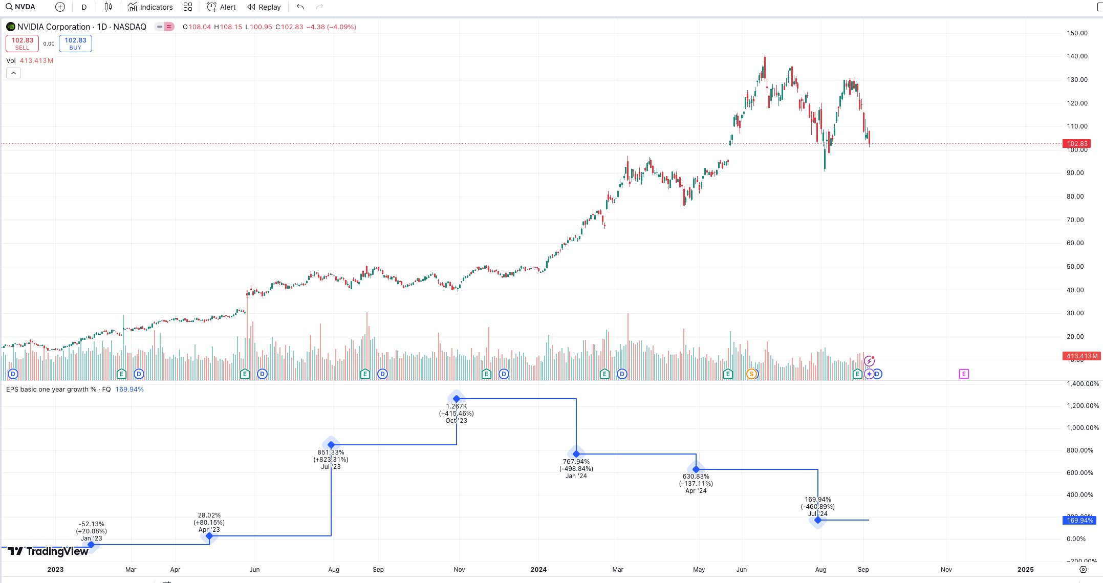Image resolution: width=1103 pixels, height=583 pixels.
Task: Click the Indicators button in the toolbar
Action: [x=150, y=7]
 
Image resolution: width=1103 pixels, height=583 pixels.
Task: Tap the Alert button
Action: [x=222, y=7]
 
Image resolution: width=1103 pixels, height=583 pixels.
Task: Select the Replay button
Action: [x=264, y=7]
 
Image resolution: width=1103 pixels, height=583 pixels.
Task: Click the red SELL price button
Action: [x=22, y=44]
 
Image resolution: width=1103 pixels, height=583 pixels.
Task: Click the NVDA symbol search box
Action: [x=21, y=7]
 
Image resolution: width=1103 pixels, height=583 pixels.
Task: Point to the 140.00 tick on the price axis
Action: [x=1077, y=56]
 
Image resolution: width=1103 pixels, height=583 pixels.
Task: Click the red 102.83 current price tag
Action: [x=1077, y=144]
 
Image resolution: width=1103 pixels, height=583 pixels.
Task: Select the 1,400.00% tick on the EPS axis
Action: [x=1083, y=384]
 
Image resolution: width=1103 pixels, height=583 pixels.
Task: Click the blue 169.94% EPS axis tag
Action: [x=1080, y=521]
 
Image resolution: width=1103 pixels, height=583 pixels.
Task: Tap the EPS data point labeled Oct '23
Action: [x=457, y=399]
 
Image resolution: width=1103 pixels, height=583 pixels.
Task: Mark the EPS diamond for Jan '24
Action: [x=576, y=454]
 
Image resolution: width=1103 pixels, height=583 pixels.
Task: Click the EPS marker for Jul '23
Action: [x=331, y=445]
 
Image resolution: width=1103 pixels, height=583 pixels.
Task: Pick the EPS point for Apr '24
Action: [x=696, y=469]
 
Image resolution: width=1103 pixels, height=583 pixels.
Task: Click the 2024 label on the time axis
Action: [x=538, y=570]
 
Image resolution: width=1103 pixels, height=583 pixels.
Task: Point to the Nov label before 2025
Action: [x=946, y=570]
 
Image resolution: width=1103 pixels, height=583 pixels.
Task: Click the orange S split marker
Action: [x=751, y=374]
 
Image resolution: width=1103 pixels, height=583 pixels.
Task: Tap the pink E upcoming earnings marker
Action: [x=964, y=374]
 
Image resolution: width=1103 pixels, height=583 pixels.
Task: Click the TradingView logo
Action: [x=48, y=551]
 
